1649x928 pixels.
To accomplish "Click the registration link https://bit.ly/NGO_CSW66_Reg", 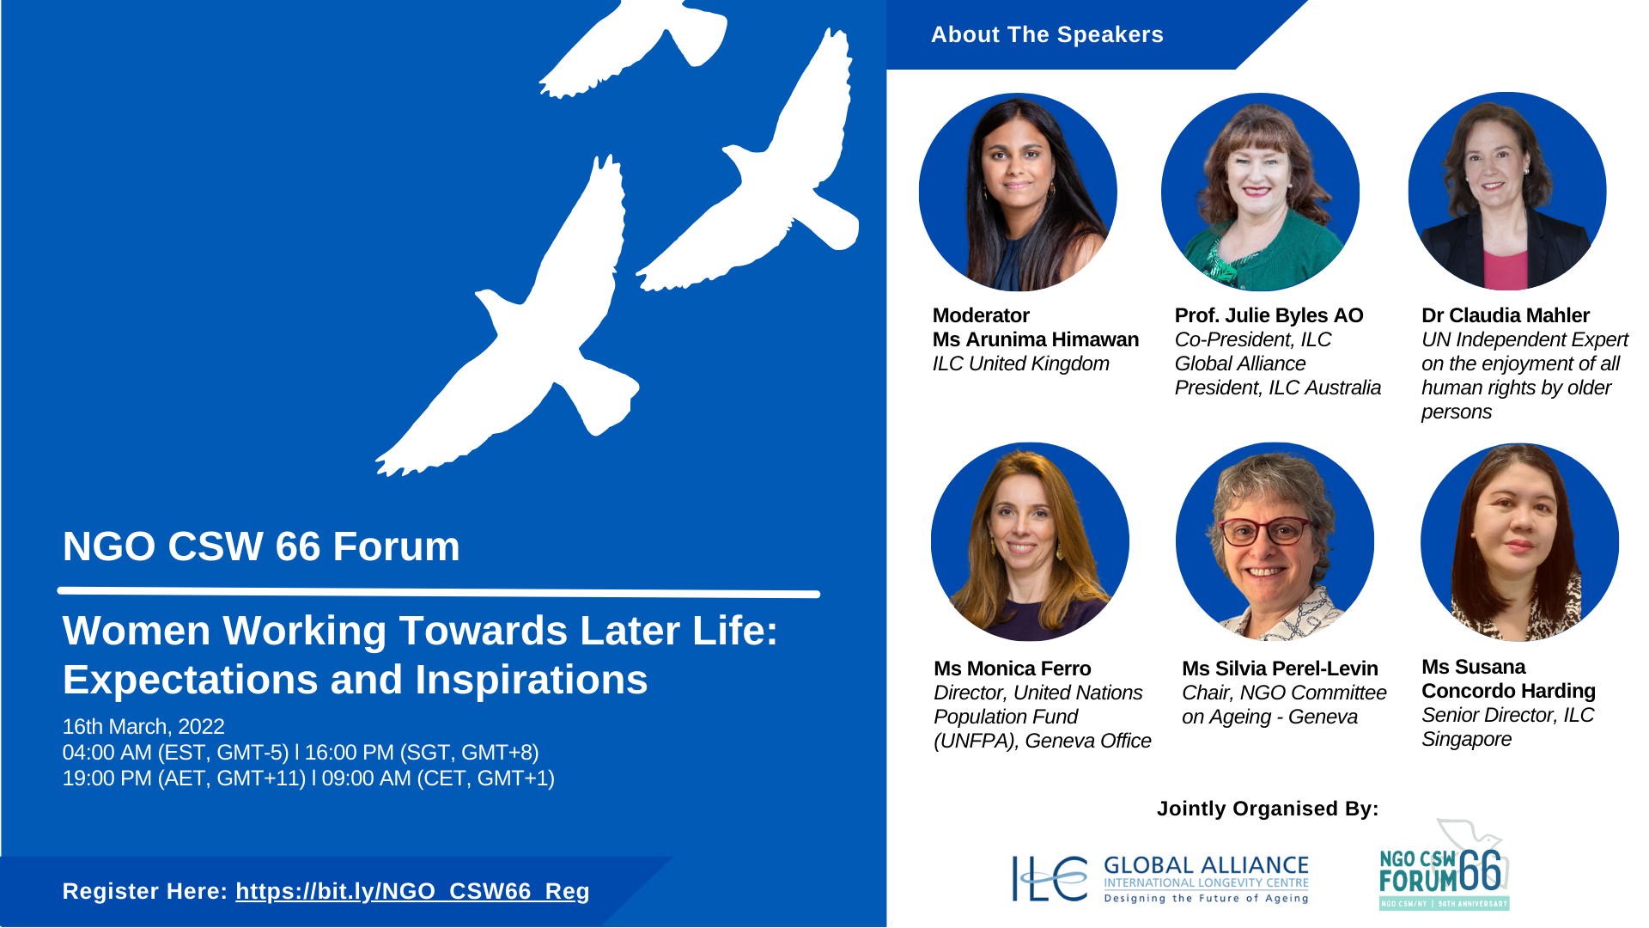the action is (412, 892).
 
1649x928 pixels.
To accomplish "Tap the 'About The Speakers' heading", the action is (1047, 34).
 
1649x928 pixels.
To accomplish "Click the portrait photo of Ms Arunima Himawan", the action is (1018, 192).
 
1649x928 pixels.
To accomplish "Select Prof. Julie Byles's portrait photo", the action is (1260, 192).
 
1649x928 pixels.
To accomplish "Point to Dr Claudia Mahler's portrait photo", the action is (1507, 191).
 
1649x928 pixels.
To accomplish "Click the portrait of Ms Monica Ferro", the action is (1030, 541).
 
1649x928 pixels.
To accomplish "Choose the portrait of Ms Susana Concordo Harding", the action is (1519, 541).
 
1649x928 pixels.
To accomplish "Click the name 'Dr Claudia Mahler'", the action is (1506, 315).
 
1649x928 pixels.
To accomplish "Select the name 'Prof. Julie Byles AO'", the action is (1269, 315).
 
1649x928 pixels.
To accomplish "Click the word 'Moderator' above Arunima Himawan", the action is (981, 315).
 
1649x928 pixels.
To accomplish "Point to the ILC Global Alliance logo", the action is (1160, 878).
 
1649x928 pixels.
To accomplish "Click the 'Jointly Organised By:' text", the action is (1268, 809).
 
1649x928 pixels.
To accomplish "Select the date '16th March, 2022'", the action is (143, 727).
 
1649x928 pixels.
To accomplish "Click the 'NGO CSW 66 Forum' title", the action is (261, 546).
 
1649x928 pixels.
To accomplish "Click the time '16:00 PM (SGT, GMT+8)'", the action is (422, 753).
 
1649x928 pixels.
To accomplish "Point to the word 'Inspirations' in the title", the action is (532, 681).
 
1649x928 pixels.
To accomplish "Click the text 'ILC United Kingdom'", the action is (1021, 363).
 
